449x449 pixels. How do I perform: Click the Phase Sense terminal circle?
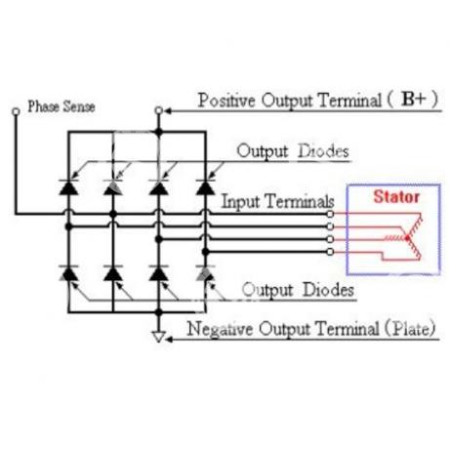pyautogui.click(x=16, y=111)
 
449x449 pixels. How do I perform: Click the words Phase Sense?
pyautogui.click(x=61, y=106)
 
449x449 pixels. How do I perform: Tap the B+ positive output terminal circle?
pyautogui.click(x=158, y=110)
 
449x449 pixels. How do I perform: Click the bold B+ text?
pyautogui.click(x=413, y=99)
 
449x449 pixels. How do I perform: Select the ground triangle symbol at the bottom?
pyautogui.click(x=158, y=337)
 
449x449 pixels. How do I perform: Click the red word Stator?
pyautogui.click(x=396, y=197)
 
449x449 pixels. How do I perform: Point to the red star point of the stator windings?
pyautogui.click(x=407, y=238)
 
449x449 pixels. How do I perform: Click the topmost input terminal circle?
pyautogui.click(x=330, y=214)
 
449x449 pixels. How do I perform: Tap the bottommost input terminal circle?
pyautogui.click(x=330, y=252)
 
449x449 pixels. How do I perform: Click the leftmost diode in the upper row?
pyautogui.click(x=68, y=187)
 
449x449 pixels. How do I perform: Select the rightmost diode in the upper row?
pyautogui.click(x=205, y=187)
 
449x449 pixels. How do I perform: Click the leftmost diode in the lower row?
pyautogui.click(x=68, y=273)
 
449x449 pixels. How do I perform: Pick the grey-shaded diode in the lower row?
pyautogui.click(x=205, y=273)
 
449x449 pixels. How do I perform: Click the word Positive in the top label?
pyautogui.click(x=226, y=101)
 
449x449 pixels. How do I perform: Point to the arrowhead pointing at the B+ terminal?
pyautogui.click(x=168, y=111)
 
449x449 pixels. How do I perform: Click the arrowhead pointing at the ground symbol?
pyautogui.click(x=169, y=340)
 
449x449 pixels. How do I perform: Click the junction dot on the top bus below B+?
pyautogui.click(x=158, y=132)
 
